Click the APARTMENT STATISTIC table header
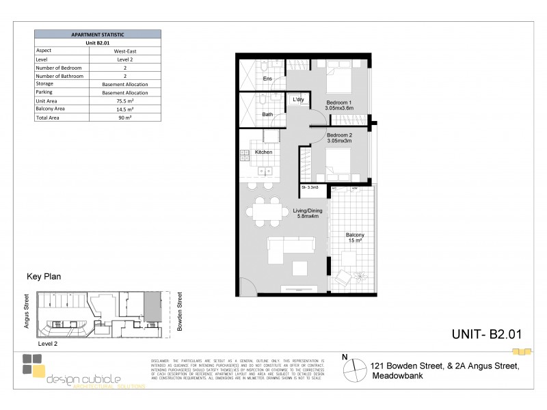pyautogui.click(x=98, y=33)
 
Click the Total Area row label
pyautogui.click(x=48, y=118)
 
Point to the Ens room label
pyautogui.click(x=268, y=79)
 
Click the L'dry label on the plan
pyautogui.click(x=298, y=100)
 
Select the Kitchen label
pyautogui.click(x=264, y=152)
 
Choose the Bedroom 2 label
pyautogui.click(x=340, y=136)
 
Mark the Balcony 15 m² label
pyautogui.click(x=354, y=238)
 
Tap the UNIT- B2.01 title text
pyautogui.click(x=487, y=334)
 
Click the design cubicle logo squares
pyautogui.click(x=33, y=366)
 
